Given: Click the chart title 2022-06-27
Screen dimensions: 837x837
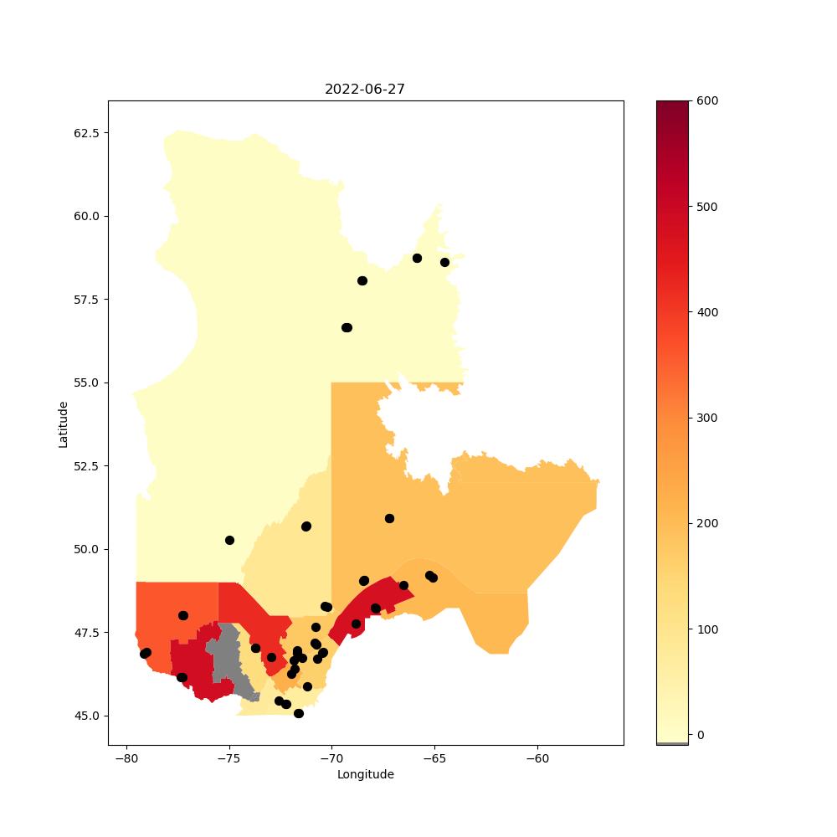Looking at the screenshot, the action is click(365, 90).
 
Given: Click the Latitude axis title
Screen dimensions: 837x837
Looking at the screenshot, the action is click(63, 425).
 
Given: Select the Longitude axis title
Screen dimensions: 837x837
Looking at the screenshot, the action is click(366, 774).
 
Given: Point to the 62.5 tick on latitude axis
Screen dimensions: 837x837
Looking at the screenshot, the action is click(86, 133).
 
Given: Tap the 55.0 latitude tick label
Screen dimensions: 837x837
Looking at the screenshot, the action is click(86, 383).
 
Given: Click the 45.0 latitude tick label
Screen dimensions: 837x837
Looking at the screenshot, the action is click(86, 716).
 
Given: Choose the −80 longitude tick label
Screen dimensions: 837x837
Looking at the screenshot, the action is click(127, 758).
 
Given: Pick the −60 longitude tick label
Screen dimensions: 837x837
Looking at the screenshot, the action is click(537, 758).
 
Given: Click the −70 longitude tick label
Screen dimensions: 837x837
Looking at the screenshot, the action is click(332, 758).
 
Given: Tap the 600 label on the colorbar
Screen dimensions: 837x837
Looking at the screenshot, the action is click(707, 101).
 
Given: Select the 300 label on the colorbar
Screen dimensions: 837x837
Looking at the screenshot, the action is click(707, 418).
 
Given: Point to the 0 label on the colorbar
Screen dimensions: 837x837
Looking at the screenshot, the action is click(701, 735).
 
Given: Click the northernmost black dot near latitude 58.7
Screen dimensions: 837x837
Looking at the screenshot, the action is click(417, 259).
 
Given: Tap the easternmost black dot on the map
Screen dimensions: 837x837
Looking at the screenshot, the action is click(444, 263).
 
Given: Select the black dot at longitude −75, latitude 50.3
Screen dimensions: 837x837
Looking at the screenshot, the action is click(229, 540).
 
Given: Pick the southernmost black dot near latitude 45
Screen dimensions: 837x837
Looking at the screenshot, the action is click(299, 714).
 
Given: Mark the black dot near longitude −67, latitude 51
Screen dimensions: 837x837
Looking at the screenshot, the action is click(390, 519).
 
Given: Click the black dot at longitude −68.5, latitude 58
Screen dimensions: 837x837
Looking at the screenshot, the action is click(362, 280).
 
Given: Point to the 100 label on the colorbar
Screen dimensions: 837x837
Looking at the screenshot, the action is click(707, 629).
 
